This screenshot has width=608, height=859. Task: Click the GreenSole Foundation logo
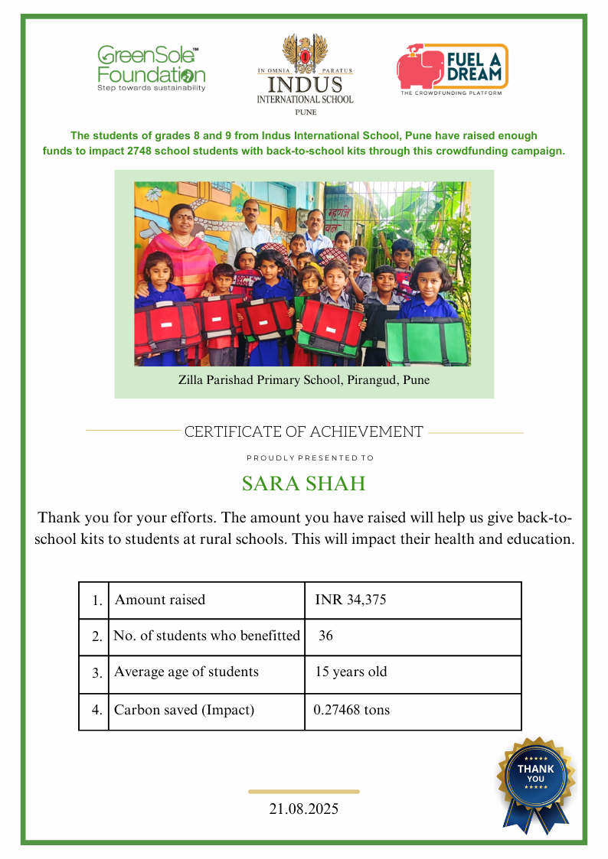point(151,69)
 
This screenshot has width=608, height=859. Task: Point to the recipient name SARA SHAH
point(303,484)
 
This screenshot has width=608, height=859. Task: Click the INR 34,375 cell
point(351,600)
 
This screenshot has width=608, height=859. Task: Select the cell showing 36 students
point(326,636)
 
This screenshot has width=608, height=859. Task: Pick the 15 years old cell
point(351,672)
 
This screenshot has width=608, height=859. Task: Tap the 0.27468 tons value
point(352,710)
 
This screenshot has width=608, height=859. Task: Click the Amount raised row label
point(160,600)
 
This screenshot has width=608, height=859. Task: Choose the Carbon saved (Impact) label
point(184,710)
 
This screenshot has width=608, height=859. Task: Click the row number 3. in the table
point(97,674)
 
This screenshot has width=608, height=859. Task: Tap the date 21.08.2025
point(304,809)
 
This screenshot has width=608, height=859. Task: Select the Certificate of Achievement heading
point(303,432)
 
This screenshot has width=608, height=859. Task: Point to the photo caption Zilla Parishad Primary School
point(304,380)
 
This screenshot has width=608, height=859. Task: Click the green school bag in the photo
point(425,340)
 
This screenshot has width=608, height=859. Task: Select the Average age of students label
point(186,672)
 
